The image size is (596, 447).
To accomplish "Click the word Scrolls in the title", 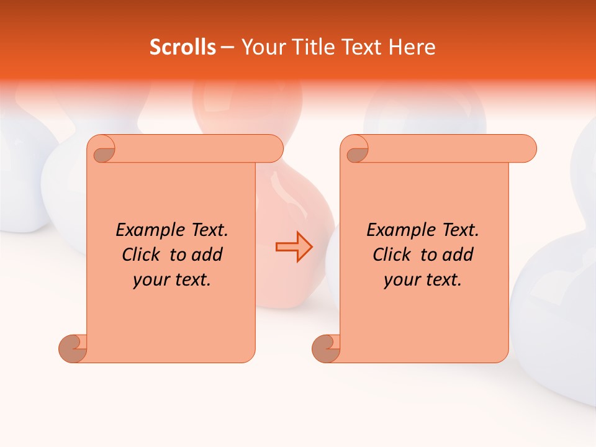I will coord(183,47).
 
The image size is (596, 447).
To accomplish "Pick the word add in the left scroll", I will coord(207,255).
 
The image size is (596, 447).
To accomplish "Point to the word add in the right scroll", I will coord(458,255).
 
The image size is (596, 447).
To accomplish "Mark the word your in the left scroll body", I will coord(149,280).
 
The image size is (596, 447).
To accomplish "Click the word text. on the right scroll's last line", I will coord(440,280).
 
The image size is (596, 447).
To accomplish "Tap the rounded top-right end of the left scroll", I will coord(273,149).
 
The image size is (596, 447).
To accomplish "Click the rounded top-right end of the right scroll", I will coord(526,149).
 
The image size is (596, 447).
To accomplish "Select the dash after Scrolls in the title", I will coord(227,48).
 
